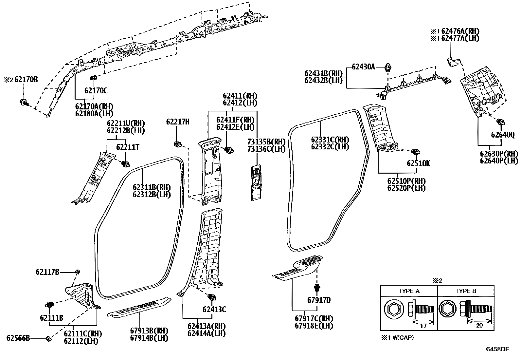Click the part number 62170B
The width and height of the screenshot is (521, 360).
click(26, 79)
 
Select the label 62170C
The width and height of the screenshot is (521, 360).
click(96, 90)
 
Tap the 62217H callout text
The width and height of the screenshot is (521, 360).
click(178, 122)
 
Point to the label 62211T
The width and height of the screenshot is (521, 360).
click(128, 147)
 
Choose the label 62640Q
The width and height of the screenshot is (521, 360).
click(503, 135)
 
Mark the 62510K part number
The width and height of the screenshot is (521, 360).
click(419, 163)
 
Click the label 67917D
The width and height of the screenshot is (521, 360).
click(319, 300)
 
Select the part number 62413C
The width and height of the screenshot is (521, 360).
click(214, 309)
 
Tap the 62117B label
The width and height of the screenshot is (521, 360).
click(47, 272)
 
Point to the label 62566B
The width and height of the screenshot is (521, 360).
click(18, 338)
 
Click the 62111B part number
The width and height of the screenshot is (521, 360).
click(51, 317)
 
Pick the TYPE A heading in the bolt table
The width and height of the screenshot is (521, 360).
click(409, 291)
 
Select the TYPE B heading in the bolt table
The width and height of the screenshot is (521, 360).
click(466, 291)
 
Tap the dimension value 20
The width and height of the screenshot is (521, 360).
click(479, 325)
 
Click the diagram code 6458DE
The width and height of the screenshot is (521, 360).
click(497, 349)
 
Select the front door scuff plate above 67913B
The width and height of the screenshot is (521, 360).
click(139, 306)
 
